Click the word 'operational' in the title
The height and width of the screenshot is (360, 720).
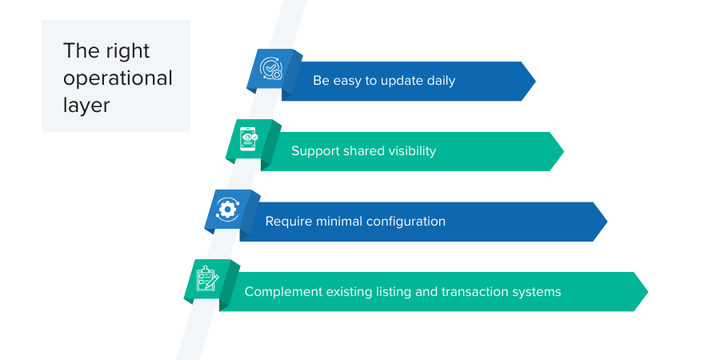[118, 78]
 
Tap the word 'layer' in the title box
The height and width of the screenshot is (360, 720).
[86, 105]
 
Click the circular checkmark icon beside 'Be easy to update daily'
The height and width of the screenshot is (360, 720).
[270, 70]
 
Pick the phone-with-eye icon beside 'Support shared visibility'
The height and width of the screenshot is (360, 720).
[249, 140]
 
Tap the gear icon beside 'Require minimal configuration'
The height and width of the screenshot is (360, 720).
[228, 210]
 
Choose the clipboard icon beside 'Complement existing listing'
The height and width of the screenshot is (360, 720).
[207, 280]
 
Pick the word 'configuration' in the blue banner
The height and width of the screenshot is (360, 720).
[406, 221]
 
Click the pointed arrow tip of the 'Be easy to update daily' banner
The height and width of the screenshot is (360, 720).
[530, 81]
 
